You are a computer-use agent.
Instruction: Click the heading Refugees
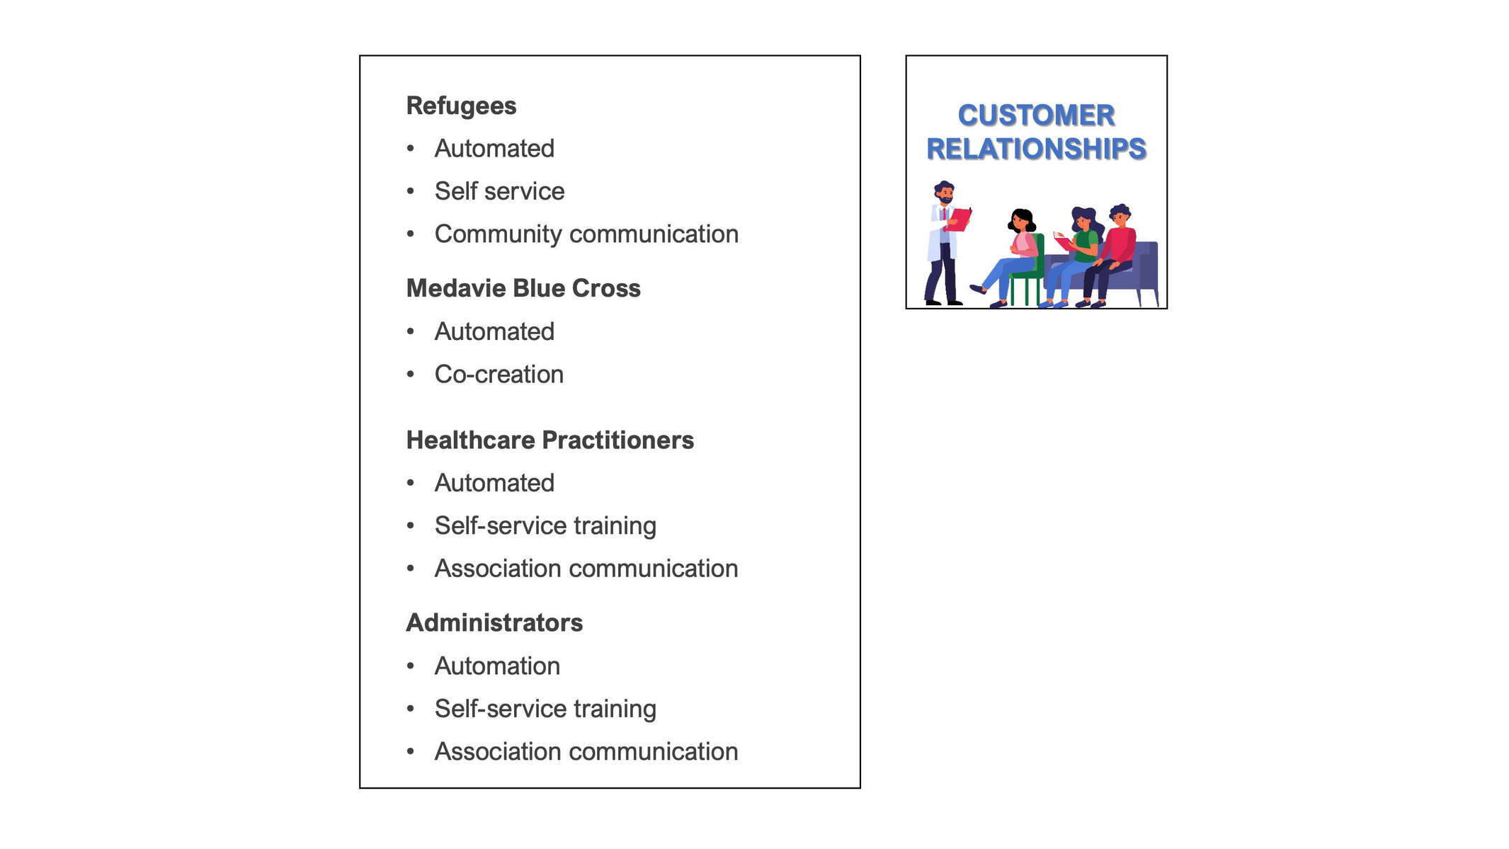point(461,106)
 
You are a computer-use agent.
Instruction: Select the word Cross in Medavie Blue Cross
point(606,288)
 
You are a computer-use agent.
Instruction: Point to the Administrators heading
point(494,623)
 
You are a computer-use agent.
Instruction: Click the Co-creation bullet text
point(499,375)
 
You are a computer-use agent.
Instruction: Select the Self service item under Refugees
point(499,191)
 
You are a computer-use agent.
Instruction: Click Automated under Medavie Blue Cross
point(494,331)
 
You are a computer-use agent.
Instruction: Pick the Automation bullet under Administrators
point(497,666)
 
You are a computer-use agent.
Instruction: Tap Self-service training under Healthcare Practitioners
point(545,526)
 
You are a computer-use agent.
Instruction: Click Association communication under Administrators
point(586,752)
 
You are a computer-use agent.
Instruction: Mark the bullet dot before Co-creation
point(411,374)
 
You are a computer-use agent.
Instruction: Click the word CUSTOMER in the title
point(1037,115)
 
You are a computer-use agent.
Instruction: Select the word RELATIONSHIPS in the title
point(1037,149)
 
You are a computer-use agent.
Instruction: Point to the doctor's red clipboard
point(960,220)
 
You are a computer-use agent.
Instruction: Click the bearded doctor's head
point(945,192)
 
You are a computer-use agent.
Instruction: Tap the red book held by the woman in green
point(1063,243)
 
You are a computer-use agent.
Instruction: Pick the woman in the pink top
point(1009,258)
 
